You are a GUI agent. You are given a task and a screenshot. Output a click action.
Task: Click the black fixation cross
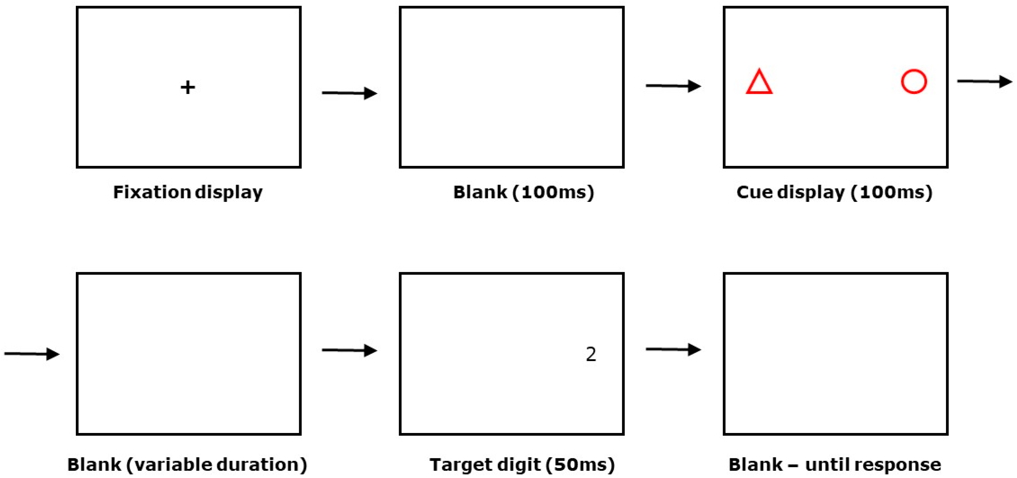188,87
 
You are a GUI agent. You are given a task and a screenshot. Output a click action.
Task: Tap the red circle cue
914,82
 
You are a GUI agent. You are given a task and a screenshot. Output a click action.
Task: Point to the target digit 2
591,354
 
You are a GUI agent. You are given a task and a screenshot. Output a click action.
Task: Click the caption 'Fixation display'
188,192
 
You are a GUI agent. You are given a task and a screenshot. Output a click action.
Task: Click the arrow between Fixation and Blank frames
349,93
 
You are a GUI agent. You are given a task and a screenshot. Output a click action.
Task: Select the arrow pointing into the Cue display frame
673,86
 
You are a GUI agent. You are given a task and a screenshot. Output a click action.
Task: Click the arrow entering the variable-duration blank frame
32,354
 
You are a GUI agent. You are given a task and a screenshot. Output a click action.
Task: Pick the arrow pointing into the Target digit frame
349,350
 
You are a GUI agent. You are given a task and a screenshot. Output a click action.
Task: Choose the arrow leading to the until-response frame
673,349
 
